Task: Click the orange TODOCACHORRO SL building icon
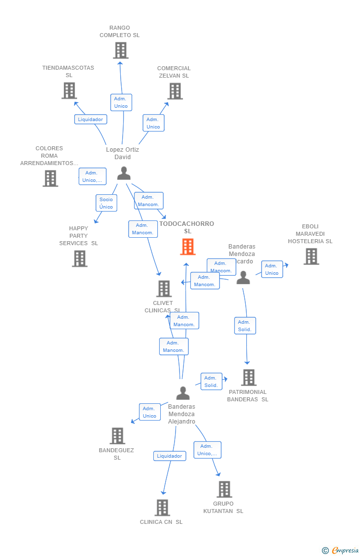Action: (187, 246)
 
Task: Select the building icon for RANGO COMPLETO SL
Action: (120, 50)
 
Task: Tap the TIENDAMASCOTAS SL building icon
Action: (69, 90)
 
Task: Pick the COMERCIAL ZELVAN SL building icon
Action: (175, 91)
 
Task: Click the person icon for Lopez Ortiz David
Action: (124, 173)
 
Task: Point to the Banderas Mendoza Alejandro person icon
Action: (183, 393)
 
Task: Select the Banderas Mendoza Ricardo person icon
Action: (243, 277)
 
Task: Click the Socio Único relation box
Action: (106, 203)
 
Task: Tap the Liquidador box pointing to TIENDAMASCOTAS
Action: (90, 119)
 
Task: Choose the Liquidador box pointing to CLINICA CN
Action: (170, 456)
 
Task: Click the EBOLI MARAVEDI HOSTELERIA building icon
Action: (311, 256)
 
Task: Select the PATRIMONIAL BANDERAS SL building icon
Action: (249, 378)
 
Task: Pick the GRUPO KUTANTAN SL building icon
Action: (225, 489)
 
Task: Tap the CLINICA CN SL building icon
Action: (162, 508)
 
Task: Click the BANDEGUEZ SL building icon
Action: (117, 436)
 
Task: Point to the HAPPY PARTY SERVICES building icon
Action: (79, 258)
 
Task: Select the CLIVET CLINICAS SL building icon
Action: (164, 289)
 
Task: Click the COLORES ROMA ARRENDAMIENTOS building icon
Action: (50, 178)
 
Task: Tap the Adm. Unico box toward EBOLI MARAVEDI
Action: (272, 269)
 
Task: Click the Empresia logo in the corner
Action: (341, 550)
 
